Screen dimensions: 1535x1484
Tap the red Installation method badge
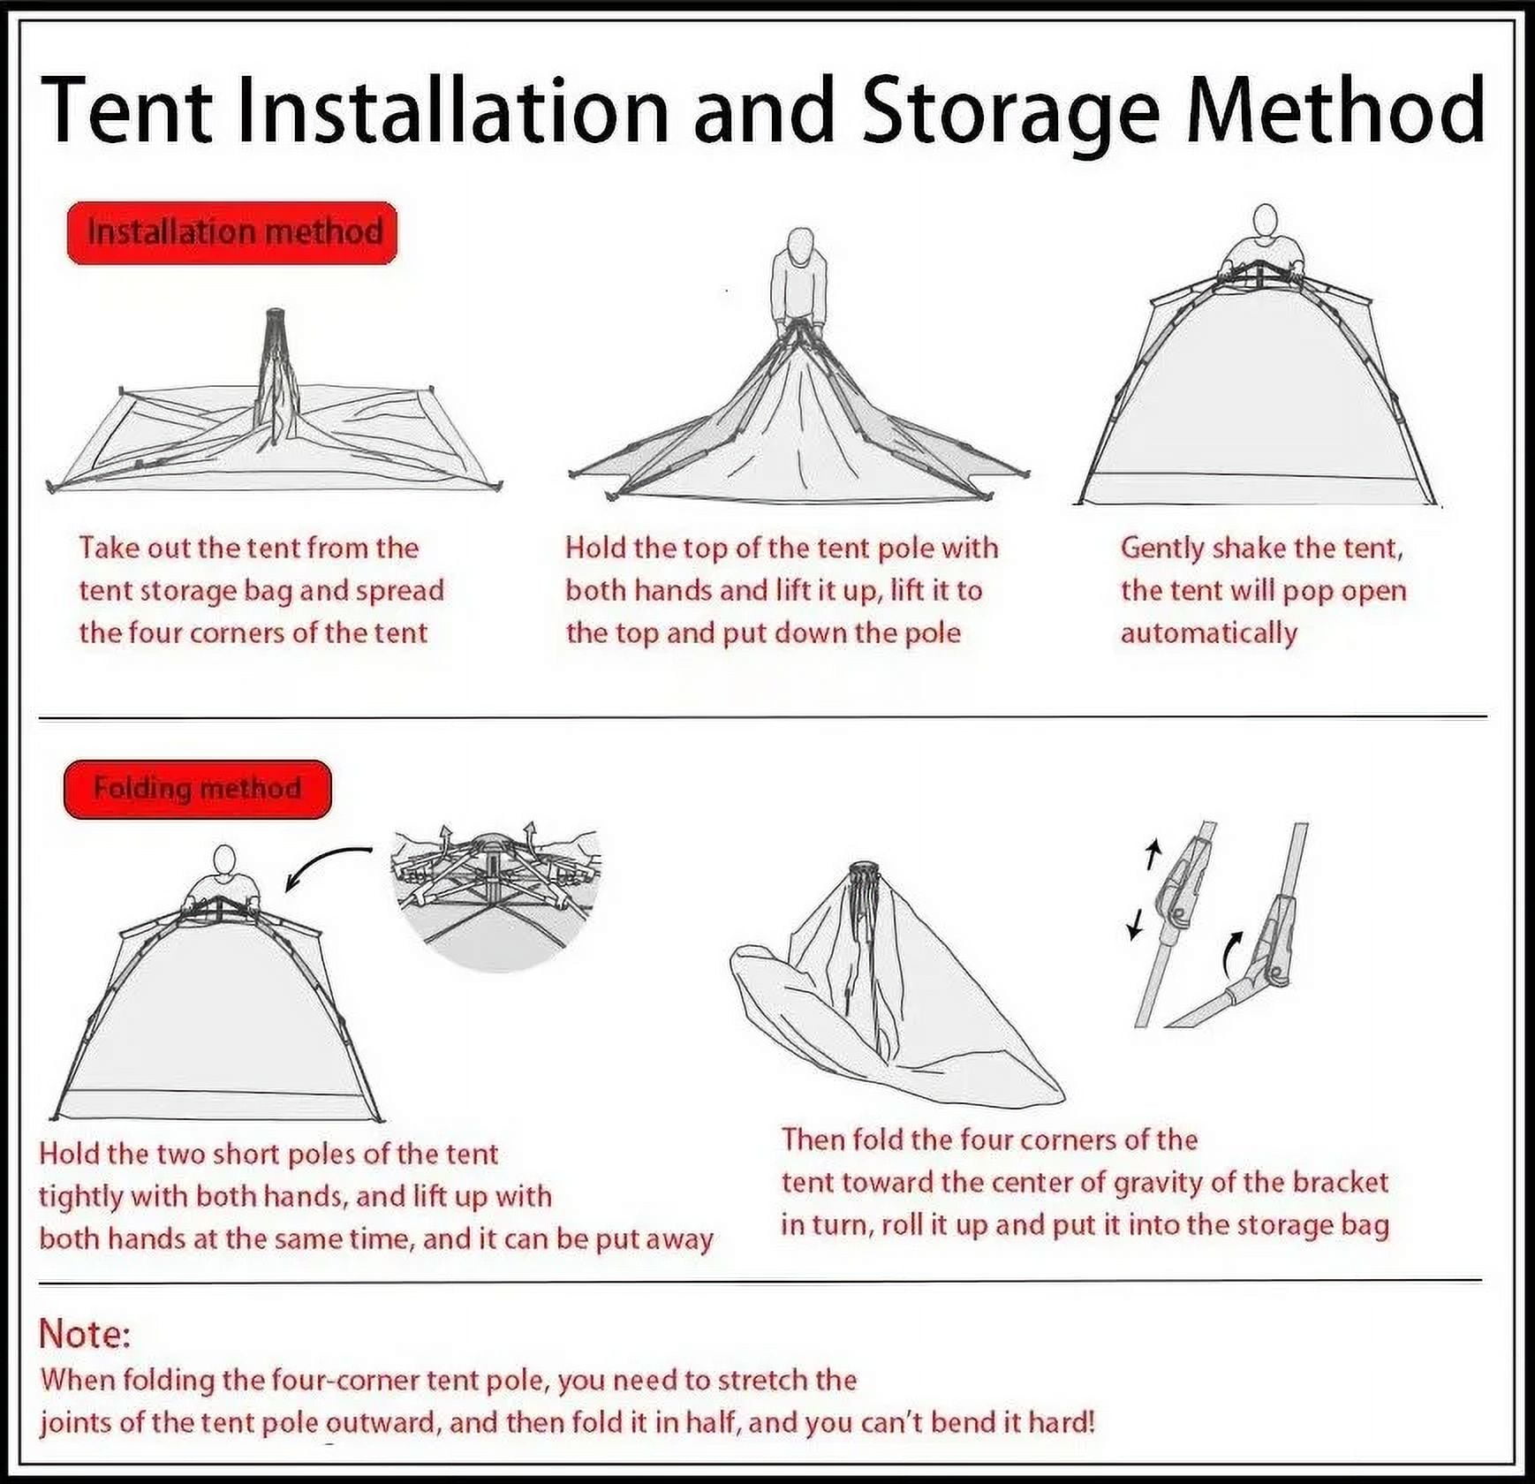click(232, 233)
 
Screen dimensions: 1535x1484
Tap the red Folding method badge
click(197, 789)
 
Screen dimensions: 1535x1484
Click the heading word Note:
click(85, 1334)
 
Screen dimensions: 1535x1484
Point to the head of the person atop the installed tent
click(1266, 221)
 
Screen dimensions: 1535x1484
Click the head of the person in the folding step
click(225, 860)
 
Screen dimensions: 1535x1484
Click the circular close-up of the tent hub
click(495, 897)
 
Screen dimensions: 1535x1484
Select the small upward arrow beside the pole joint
click(1151, 854)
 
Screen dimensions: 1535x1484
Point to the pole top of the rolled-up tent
click(864, 872)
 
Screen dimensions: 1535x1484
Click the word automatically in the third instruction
click(1209, 633)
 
